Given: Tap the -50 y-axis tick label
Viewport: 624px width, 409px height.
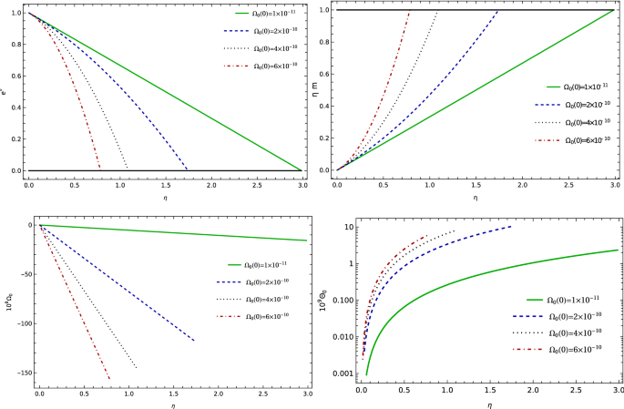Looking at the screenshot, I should click(26, 274).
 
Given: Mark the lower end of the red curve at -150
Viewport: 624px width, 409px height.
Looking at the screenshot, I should click(109, 379).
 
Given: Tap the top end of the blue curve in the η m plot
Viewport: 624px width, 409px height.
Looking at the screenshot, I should click(497, 11).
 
